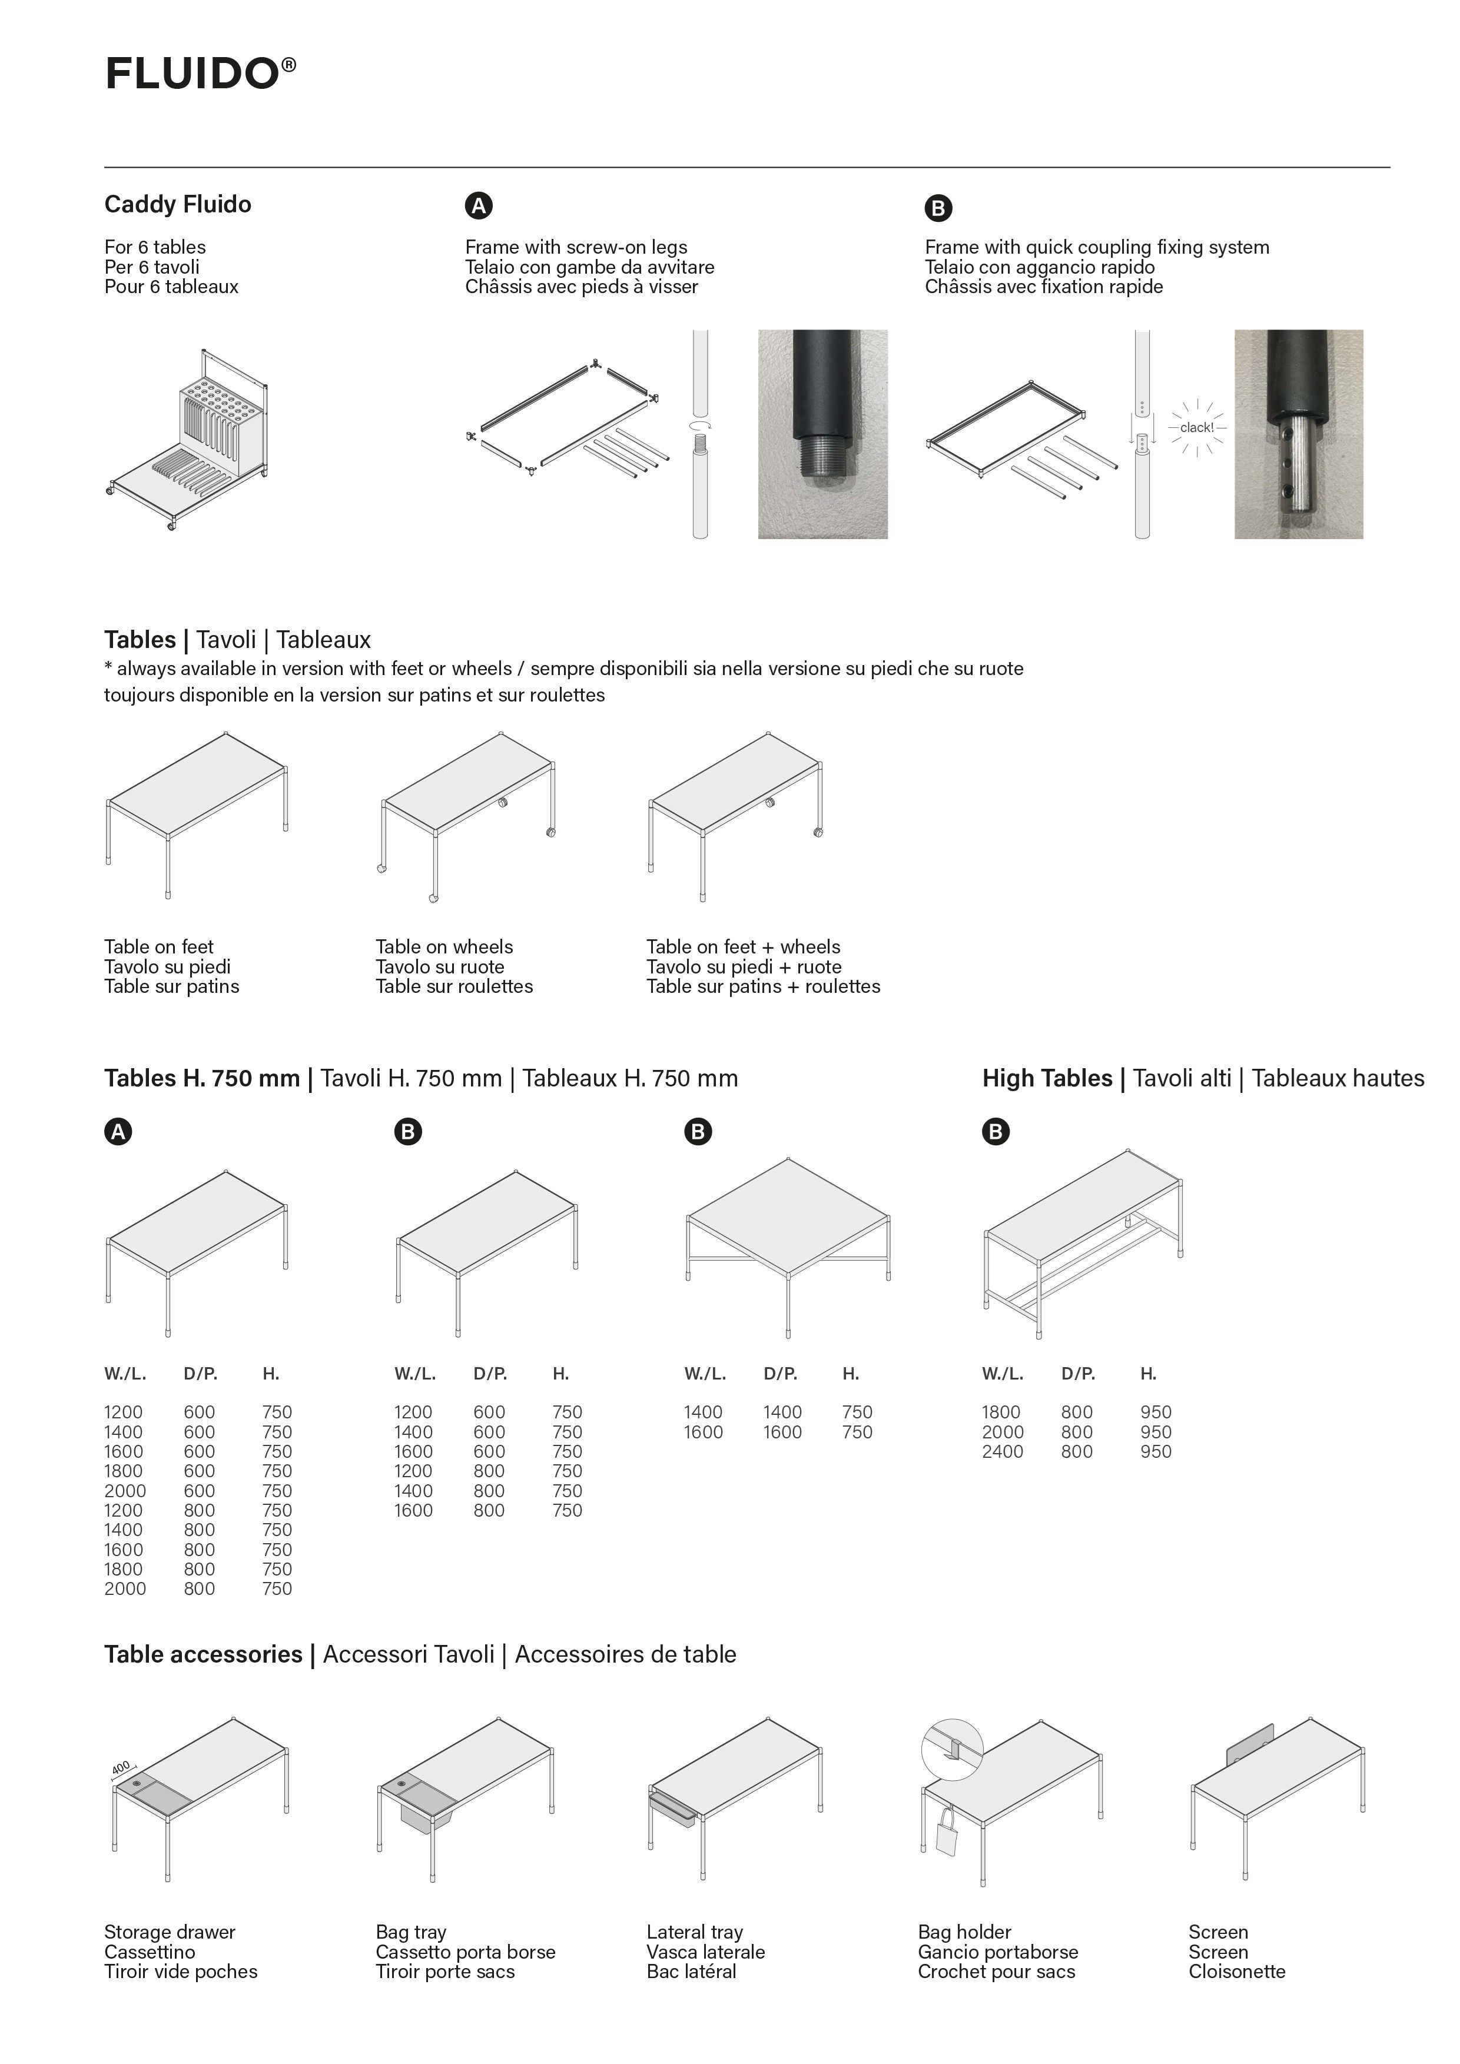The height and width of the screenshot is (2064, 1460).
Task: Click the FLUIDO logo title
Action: (200, 73)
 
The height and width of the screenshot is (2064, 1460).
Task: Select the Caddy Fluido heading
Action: (177, 204)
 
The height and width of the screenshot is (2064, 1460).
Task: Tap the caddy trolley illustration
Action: (189, 440)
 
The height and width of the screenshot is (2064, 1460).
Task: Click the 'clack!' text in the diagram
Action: (1197, 428)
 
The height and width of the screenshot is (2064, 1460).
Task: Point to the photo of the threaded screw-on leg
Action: (822, 434)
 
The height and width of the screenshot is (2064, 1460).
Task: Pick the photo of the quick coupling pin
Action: (1298, 434)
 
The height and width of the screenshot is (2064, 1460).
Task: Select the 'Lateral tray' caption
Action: (694, 1932)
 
